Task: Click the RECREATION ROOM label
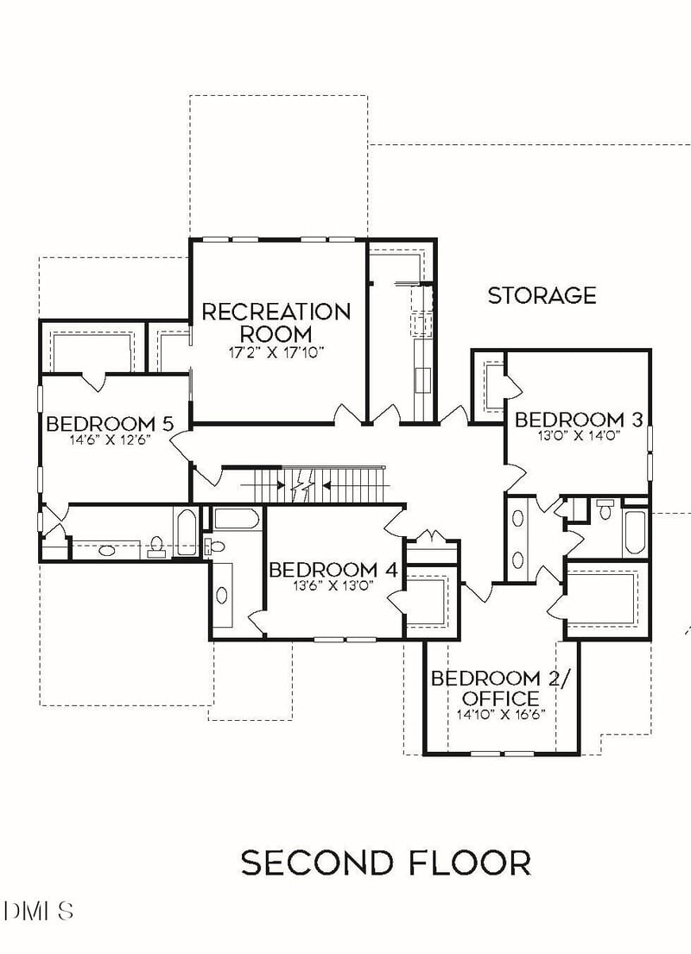[x=276, y=322]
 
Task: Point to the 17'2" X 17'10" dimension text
[x=276, y=352]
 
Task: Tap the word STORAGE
[x=542, y=296]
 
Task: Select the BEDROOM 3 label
[x=579, y=420]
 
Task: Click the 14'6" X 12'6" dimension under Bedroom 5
[x=110, y=439]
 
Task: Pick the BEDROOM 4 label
[x=333, y=570]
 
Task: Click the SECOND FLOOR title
[x=385, y=862]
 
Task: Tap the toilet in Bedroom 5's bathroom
[x=156, y=546]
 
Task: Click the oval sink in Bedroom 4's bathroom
[x=222, y=596]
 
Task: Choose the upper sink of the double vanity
[x=518, y=519]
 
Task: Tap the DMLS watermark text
[x=39, y=910]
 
